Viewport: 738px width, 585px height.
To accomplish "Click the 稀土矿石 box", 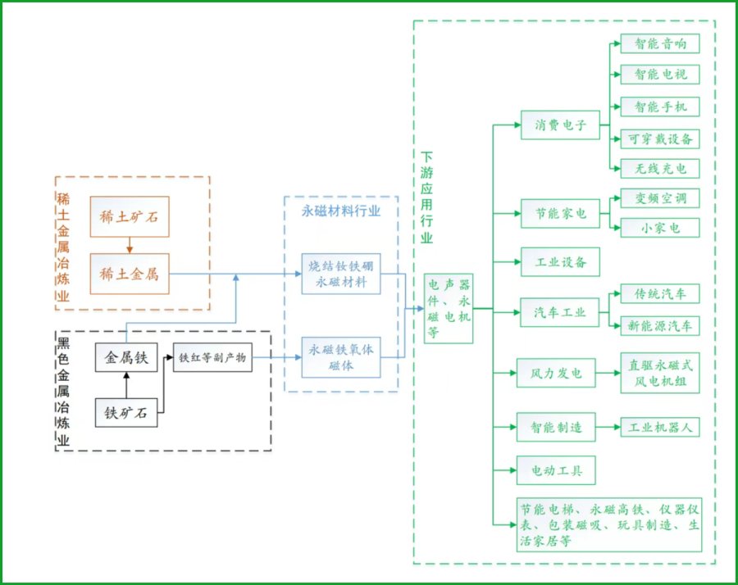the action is (x=130, y=217).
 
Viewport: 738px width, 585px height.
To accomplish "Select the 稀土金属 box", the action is (x=130, y=274).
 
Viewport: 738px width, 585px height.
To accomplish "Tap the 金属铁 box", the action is (x=126, y=357).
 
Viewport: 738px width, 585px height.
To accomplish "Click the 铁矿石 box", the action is (x=126, y=412).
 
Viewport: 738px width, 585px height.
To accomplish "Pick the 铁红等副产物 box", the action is (x=212, y=357).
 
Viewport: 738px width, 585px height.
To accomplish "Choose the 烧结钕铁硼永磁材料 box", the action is (x=341, y=274).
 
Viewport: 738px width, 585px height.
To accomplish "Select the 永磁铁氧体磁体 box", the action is (x=341, y=357).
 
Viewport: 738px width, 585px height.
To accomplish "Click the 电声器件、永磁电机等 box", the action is (x=449, y=309).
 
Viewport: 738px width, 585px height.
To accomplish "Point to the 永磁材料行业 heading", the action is (x=341, y=211).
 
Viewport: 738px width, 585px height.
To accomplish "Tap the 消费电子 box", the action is (x=560, y=125).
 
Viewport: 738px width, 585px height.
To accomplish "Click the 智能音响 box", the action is (x=660, y=43).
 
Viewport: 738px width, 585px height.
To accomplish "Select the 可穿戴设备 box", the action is (x=660, y=138).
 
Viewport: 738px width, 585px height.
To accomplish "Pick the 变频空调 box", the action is (x=660, y=198).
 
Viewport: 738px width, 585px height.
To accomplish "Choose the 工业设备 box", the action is (x=560, y=262).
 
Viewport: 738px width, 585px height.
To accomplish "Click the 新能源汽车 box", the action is (x=660, y=326).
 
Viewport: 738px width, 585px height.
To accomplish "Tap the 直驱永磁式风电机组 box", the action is (x=660, y=373).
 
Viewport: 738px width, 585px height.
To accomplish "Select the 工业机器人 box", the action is (x=660, y=427).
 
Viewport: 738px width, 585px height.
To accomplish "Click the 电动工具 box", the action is (x=556, y=470).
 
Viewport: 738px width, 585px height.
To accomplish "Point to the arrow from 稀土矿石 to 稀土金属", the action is (x=130, y=246).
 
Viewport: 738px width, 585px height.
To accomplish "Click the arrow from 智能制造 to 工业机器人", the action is (x=608, y=427).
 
